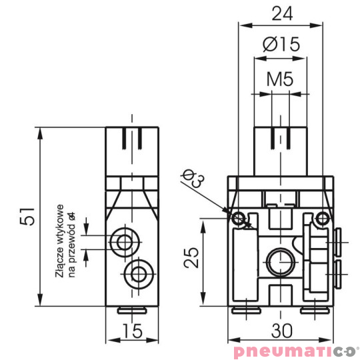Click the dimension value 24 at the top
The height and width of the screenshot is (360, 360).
click(281, 14)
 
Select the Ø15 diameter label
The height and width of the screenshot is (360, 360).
click(281, 45)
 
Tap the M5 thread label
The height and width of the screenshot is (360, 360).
click(281, 79)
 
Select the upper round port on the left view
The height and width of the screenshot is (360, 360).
click(123, 241)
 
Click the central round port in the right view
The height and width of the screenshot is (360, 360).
click(276, 259)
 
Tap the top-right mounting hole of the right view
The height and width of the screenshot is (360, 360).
click(323, 217)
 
